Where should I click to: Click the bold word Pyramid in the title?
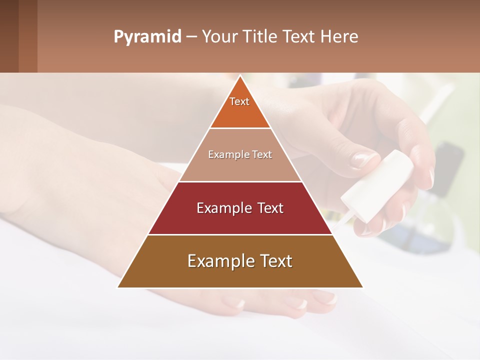pyautogui.click(x=147, y=37)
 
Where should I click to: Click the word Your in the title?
pyautogui.click(x=218, y=37)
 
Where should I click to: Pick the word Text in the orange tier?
pyautogui.click(x=239, y=101)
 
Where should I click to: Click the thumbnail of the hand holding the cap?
pyautogui.click(x=363, y=159)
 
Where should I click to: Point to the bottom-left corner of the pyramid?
pyautogui.click(x=118, y=287)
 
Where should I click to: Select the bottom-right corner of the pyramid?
pyautogui.click(x=362, y=287)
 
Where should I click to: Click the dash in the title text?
pyautogui.click(x=191, y=37)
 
